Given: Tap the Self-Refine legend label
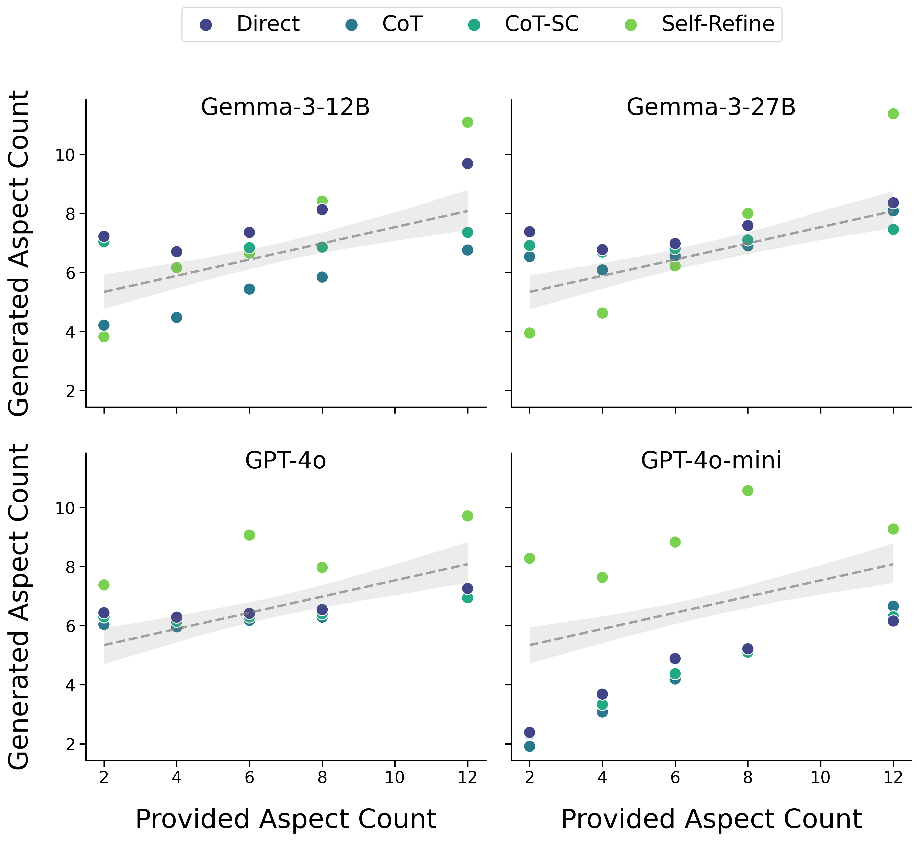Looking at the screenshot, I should point(718,24).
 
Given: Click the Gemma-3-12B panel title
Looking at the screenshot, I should point(285,108).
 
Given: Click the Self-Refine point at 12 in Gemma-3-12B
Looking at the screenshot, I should point(467,122).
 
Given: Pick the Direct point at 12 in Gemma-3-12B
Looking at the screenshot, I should point(467,164).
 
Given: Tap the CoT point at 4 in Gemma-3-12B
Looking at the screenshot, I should point(176,317).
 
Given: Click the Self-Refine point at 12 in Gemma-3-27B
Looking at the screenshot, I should point(893,113).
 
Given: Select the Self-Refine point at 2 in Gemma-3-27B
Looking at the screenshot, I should point(529,333).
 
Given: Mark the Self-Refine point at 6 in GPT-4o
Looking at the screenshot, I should point(249,535).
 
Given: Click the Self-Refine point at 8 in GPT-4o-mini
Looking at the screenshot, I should point(748,490).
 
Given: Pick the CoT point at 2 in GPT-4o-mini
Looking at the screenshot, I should point(529,746).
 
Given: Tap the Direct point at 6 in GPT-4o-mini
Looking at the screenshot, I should point(675,659).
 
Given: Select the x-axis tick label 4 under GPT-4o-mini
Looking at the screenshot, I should point(602,777).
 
